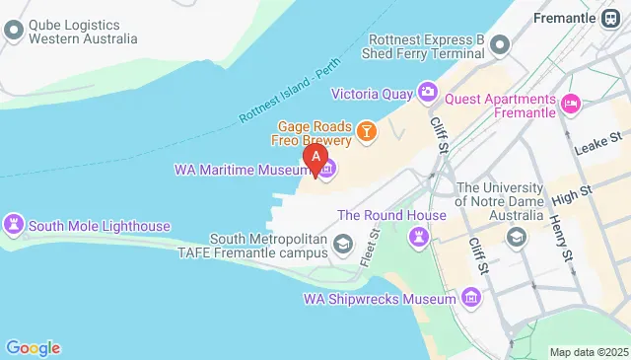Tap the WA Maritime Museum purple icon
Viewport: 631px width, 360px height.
327,171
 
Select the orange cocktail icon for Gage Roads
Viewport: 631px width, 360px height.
366,131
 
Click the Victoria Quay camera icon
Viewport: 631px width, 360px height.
427,93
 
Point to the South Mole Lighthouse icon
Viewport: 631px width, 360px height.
14,226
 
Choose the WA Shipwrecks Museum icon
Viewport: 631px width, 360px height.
471,297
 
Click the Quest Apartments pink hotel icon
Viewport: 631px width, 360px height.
569,103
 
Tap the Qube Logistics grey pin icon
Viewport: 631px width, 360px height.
14,30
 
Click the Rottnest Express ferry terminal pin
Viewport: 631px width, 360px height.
501,44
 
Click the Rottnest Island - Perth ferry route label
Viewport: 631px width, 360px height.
287,98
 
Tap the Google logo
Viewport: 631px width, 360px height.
33,347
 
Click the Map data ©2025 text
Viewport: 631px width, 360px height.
588,352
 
